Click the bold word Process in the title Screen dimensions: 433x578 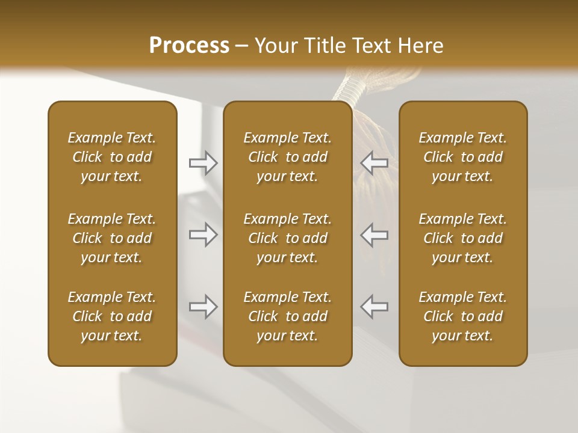tap(189, 46)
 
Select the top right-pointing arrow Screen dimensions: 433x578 tap(203, 163)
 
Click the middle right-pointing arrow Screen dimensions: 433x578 tap(203, 235)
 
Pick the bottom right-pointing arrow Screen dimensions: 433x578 tap(203, 307)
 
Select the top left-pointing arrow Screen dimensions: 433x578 tap(374, 163)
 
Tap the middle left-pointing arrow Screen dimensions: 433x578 tap(374, 235)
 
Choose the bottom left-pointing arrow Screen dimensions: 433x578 tap(374, 307)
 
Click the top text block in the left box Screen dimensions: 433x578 tap(112, 157)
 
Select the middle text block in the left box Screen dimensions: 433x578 tap(112, 238)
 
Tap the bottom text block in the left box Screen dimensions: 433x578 tap(112, 316)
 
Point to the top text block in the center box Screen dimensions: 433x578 tap(288, 157)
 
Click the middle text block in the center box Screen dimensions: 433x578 tap(288, 238)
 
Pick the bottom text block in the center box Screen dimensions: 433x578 tap(288, 316)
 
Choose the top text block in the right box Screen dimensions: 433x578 tap(463, 157)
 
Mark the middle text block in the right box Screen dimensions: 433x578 tap(463, 238)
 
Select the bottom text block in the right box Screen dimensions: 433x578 tap(463, 316)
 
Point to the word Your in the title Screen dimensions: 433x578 tap(274, 46)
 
